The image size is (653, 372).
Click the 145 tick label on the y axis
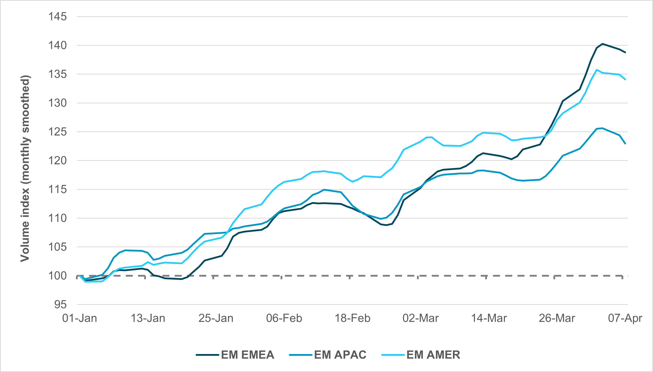(x=57, y=17)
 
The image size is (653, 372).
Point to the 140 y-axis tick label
(x=57, y=46)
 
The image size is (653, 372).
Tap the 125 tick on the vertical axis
(x=57, y=132)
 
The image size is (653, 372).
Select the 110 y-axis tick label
(x=57, y=218)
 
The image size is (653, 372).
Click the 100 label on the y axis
(x=57, y=276)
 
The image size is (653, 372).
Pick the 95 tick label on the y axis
(x=60, y=305)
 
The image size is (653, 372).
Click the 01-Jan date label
(x=79, y=318)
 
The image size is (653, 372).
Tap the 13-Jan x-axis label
(x=148, y=318)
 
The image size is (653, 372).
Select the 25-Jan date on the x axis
(x=216, y=318)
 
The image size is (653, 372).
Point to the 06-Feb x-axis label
(x=284, y=318)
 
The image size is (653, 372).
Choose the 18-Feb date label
(x=352, y=318)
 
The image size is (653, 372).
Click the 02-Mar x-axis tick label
(x=420, y=318)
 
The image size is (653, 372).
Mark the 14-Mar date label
(x=489, y=318)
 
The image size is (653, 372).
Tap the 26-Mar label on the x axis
(x=557, y=318)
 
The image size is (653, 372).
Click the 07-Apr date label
(x=625, y=318)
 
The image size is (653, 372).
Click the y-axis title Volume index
(x=25, y=168)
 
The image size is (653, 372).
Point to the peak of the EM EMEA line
(x=602, y=44)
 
